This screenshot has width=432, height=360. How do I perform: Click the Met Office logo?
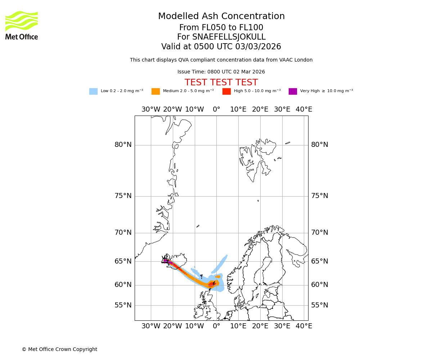[22, 25]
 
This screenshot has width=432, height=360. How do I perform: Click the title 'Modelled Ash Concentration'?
[221, 17]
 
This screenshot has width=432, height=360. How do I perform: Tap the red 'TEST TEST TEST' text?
[221, 82]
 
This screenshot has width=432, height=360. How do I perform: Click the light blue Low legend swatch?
[93, 91]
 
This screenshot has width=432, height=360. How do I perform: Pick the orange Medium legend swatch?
[156, 91]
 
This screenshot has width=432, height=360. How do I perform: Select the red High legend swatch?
[226, 91]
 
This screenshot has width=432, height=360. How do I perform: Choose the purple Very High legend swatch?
[293, 91]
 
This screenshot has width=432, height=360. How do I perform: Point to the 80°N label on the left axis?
[123, 145]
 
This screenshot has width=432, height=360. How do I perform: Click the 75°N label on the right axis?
[320, 196]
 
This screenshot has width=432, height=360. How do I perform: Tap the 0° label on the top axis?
[216, 109]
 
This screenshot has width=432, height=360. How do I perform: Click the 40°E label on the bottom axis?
[304, 326]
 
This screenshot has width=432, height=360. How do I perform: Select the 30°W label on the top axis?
[151, 109]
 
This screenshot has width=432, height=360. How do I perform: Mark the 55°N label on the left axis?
[123, 305]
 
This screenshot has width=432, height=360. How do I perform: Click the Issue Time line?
[221, 72]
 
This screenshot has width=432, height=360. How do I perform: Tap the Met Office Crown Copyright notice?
[59, 349]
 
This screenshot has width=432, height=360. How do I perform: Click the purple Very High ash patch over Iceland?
[165, 261]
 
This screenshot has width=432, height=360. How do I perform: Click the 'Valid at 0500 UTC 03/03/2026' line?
[221, 47]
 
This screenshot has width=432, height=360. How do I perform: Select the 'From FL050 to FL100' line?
[221, 28]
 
